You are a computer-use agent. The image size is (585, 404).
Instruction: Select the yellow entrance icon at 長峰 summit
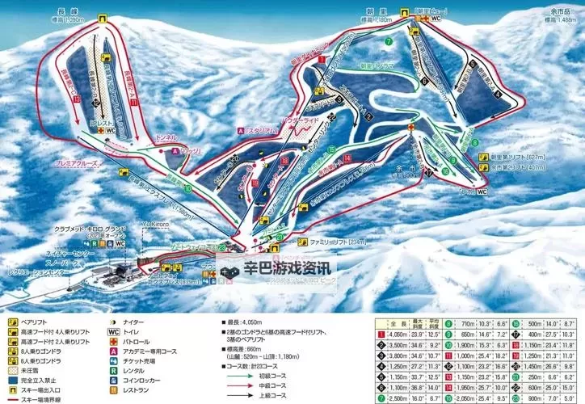point(103,19)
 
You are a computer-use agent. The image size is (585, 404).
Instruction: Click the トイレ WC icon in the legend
point(112,331)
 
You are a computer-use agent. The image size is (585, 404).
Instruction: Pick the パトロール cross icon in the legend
point(112,342)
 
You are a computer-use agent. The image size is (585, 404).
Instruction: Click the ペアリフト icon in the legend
point(8,322)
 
